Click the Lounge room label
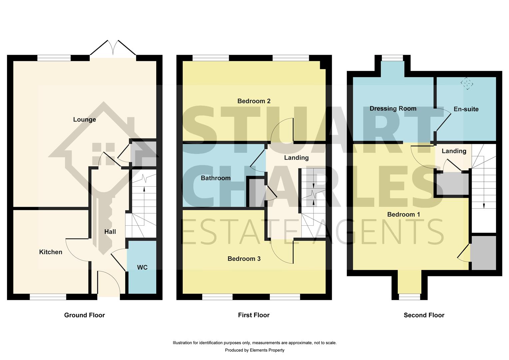84,120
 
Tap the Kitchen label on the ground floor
51,252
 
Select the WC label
142,267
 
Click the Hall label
110,232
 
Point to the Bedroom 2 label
254,101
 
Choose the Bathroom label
216,178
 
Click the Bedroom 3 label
244,259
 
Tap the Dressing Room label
393,109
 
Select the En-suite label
466,109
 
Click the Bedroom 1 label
403,214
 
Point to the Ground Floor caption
84,315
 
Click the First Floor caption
254,315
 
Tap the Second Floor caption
424,315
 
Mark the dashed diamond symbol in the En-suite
467,83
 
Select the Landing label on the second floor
454,151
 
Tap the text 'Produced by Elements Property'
254,350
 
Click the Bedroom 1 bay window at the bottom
409,296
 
